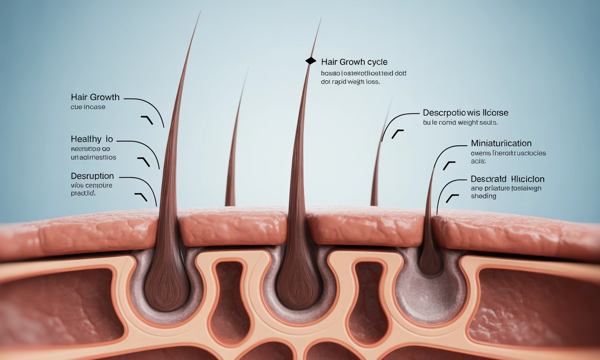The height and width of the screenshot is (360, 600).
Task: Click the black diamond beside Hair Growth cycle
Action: (x=310, y=61)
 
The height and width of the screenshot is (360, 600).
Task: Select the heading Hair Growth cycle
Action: (x=354, y=62)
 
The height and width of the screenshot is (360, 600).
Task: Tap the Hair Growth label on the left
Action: (x=95, y=97)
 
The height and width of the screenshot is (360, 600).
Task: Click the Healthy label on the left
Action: (x=86, y=139)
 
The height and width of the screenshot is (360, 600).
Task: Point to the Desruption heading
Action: (x=92, y=176)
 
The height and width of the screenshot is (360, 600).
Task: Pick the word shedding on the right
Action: (x=483, y=196)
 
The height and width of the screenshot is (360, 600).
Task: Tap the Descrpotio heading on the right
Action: (x=465, y=112)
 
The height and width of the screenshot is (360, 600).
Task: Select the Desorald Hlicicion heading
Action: (x=507, y=179)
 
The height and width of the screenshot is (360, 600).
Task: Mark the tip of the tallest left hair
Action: (x=200, y=13)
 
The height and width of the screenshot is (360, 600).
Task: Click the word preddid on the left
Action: (x=82, y=193)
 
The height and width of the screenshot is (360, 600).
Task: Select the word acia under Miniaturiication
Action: (x=478, y=161)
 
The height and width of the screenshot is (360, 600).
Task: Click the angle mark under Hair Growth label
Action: (x=147, y=120)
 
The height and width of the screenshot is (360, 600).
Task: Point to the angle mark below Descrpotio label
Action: (x=397, y=134)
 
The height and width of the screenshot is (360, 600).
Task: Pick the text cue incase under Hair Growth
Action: (x=88, y=107)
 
